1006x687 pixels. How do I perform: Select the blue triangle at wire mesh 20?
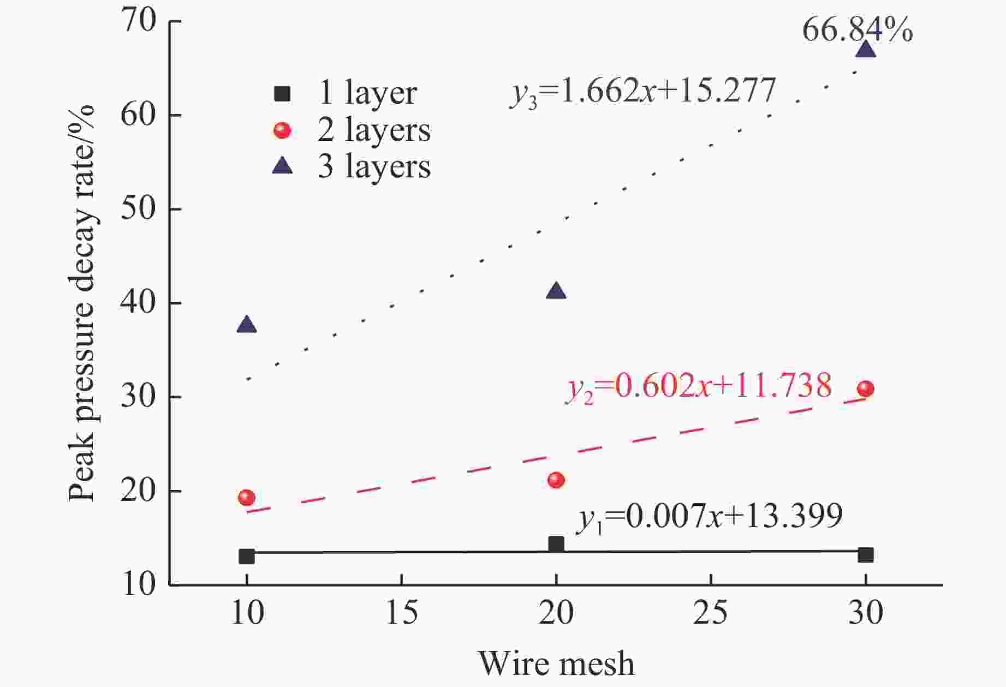[x=556, y=291]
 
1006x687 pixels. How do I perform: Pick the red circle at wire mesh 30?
[x=866, y=389]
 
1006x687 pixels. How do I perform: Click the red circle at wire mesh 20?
[x=556, y=480]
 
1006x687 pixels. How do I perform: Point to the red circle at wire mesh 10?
[x=247, y=497]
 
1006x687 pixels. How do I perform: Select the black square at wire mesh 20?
[x=556, y=544]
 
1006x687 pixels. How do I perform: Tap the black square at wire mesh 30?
[x=866, y=555]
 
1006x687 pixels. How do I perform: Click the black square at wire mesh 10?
[x=247, y=557]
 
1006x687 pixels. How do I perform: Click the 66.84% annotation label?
[x=857, y=30]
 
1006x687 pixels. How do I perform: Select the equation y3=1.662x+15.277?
[x=643, y=91]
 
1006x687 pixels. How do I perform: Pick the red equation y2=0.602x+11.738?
[x=699, y=386]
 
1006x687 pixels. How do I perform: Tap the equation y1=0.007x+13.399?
[x=710, y=516]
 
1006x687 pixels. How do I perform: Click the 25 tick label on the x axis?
[x=711, y=612]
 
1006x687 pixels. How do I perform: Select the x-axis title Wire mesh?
[x=557, y=664]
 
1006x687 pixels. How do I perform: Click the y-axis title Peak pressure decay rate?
[x=82, y=303]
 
